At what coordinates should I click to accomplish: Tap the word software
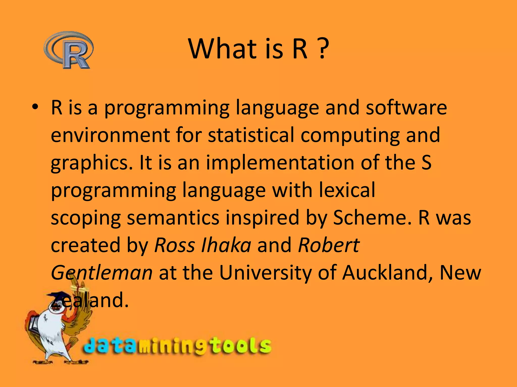[x=406, y=108]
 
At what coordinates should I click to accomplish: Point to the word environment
[x=110, y=135]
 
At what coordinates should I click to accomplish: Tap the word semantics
[x=173, y=218]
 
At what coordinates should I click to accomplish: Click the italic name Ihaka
[x=226, y=245]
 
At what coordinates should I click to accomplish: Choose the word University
[x=265, y=273]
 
